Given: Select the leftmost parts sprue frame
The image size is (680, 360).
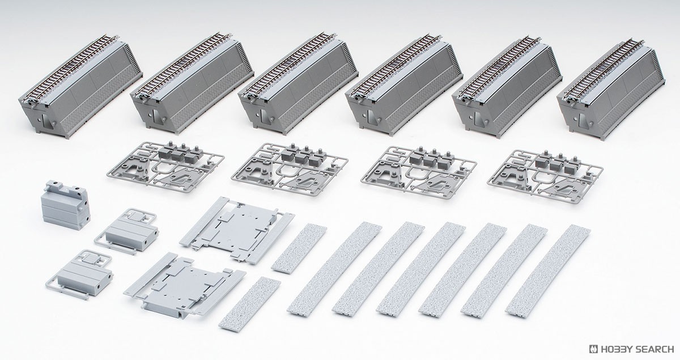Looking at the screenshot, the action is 165,167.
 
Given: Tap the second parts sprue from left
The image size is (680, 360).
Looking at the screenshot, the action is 290,169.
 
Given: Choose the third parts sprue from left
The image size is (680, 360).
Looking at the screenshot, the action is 419,172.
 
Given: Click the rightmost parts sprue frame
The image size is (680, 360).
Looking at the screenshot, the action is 545,176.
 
